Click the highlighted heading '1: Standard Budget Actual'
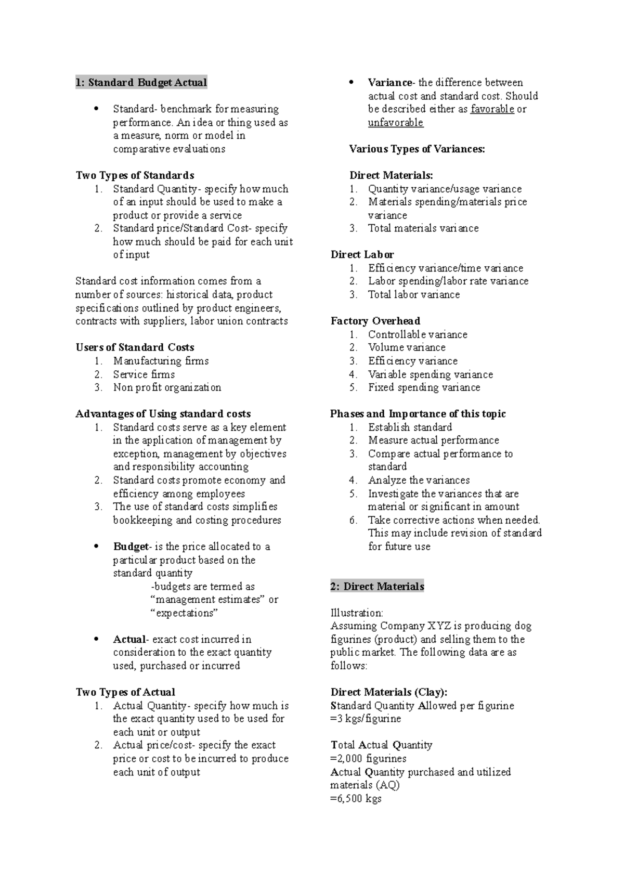[141, 83]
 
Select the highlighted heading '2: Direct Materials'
[377, 587]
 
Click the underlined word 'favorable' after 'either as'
[492, 109]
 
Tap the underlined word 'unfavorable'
[395, 123]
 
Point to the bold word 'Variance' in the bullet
[389, 83]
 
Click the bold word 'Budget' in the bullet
[131, 547]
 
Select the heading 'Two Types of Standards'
[135, 175]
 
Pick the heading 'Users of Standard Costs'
[135, 347]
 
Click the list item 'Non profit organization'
[167, 387]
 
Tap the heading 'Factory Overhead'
[375, 321]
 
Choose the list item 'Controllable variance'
[418, 334]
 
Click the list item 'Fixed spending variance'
[424, 387]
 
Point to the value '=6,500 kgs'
[356, 798]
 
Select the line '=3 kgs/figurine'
[366, 719]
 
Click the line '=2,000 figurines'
[368, 759]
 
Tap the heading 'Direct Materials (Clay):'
[388, 692]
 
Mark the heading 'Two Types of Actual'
[125, 692]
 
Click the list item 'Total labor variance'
[413, 294]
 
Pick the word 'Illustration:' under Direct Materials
[356, 613]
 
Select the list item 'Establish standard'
[410, 427]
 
